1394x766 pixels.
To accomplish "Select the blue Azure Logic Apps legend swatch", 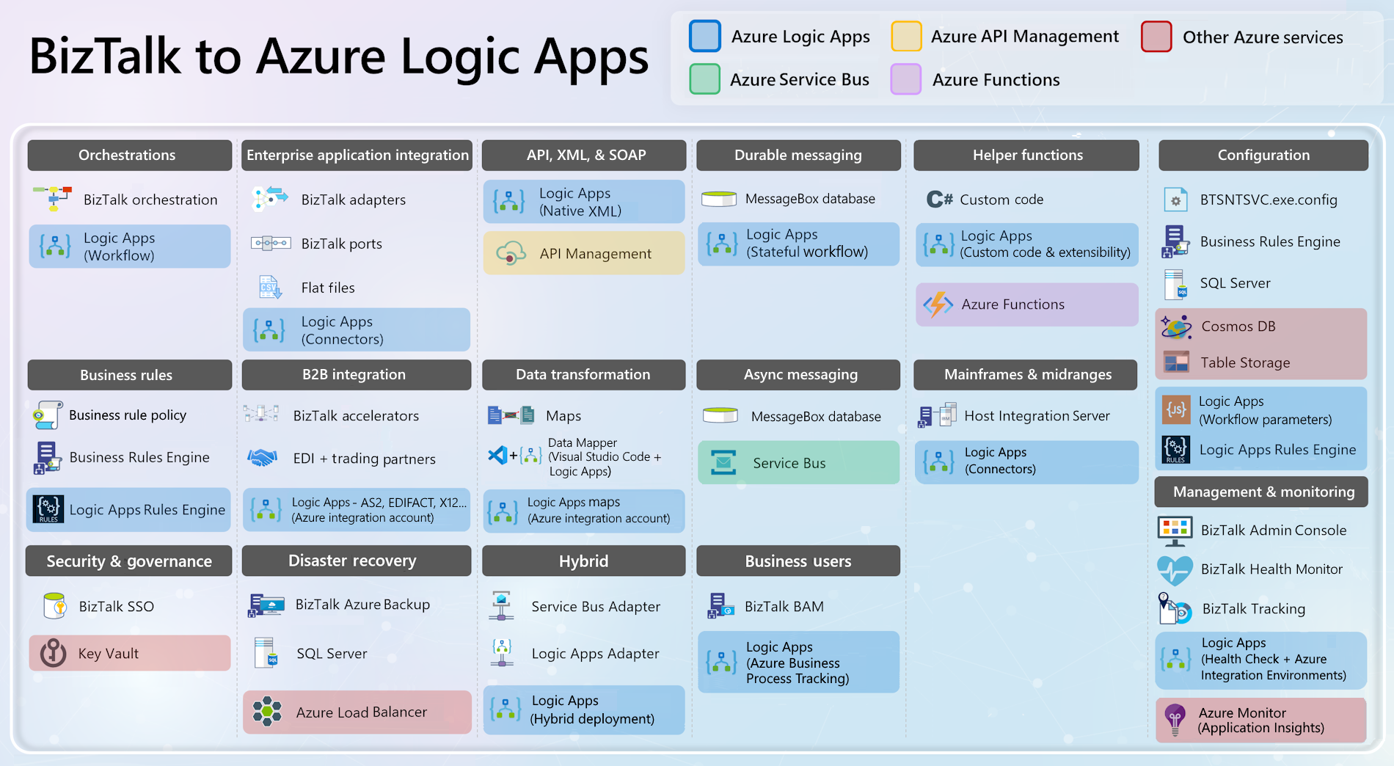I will pyautogui.click(x=704, y=37).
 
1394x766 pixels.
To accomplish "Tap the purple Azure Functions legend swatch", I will pyautogui.click(x=905, y=79).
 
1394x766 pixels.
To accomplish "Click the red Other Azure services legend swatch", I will pyautogui.click(x=1156, y=37).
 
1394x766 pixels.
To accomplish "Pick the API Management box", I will pyautogui.click(x=583, y=253).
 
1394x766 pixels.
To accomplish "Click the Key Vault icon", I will pyautogui.click(x=53, y=652).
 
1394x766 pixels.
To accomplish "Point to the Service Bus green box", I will pyautogui.click(x=798, y=462).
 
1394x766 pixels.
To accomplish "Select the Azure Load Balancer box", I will pyautogui.click(x=357, y=712).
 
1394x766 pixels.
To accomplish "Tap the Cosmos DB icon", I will pyautogui.click(x=1176, y=327).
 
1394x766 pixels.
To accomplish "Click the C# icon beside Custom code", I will pyautogui.click(x=939, y=200).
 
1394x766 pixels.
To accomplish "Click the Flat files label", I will pyautogui.click(x=328, y=288).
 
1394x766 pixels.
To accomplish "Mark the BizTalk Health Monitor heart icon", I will pyautogui.click(x=1175, y=569).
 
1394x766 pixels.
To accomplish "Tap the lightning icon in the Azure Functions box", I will pyautogui.click(x=938, y=304).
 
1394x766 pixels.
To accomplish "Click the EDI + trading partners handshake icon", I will pyautogui.click(x=262, y=458).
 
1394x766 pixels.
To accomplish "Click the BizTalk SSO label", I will pyautogui.click(x=116, y=607).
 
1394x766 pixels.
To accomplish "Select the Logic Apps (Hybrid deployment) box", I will pyautogui.click(x=583, y=710).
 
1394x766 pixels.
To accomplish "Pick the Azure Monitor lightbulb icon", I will pyautogui.click(x=1175, y=719).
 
